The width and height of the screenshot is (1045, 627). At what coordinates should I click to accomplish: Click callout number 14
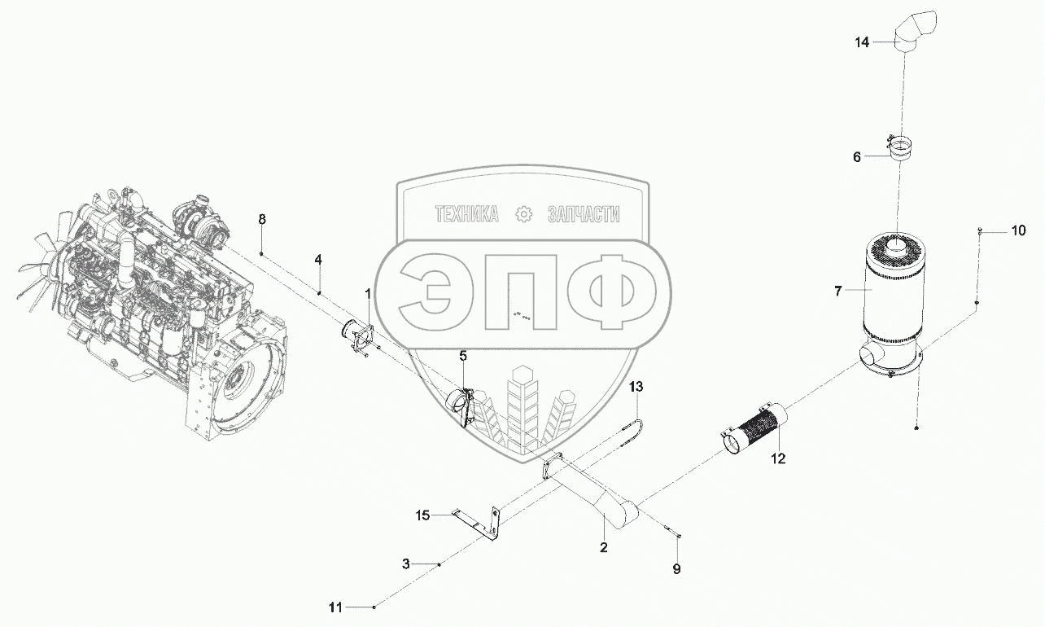(x=862, y=42)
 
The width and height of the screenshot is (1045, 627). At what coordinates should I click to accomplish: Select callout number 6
(x=856, y=157)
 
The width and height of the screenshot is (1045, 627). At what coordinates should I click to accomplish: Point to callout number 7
(x=837, y=292)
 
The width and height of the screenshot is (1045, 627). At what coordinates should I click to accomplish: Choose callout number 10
(x=1018, y=230)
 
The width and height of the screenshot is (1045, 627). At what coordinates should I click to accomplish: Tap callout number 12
(x=778, y=458)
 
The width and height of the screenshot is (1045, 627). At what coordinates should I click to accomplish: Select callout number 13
(x=636, y=387)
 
